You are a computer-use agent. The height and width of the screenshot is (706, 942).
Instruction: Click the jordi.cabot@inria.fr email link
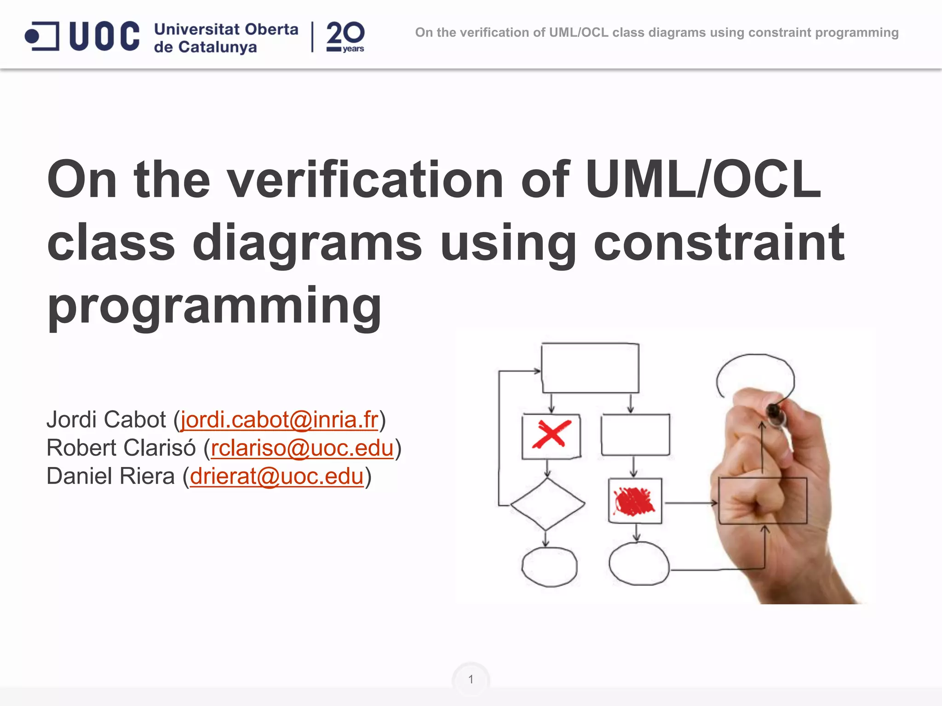point(279,420)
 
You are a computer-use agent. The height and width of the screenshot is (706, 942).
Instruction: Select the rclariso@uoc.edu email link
point(302,448)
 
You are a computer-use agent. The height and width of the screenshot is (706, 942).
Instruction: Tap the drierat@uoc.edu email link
point(276,476)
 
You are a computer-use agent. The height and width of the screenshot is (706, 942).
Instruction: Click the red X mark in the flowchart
point(551,434)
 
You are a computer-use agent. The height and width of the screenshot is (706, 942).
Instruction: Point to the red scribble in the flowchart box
point(634,501)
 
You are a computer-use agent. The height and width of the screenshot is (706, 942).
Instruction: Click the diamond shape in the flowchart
point(547,504)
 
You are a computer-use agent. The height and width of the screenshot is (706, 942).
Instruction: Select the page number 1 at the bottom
point(471,679)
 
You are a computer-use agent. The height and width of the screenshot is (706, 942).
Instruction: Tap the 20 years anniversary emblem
point(345,37)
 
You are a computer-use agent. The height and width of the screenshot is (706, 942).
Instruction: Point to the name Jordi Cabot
point(106,420)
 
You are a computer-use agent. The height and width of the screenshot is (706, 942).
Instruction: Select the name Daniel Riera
point(110,476)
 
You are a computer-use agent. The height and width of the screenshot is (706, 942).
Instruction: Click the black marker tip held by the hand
point(773,410)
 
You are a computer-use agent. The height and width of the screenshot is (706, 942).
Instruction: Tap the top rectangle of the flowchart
point(590,368)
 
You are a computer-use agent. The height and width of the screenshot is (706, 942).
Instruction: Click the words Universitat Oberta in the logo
point(226,29)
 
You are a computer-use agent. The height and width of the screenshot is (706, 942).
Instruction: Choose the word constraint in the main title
point(719,242)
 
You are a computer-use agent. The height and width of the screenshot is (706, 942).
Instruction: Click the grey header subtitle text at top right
point(656,33)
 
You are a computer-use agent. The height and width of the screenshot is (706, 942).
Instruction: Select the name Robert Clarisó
point(121,448)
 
